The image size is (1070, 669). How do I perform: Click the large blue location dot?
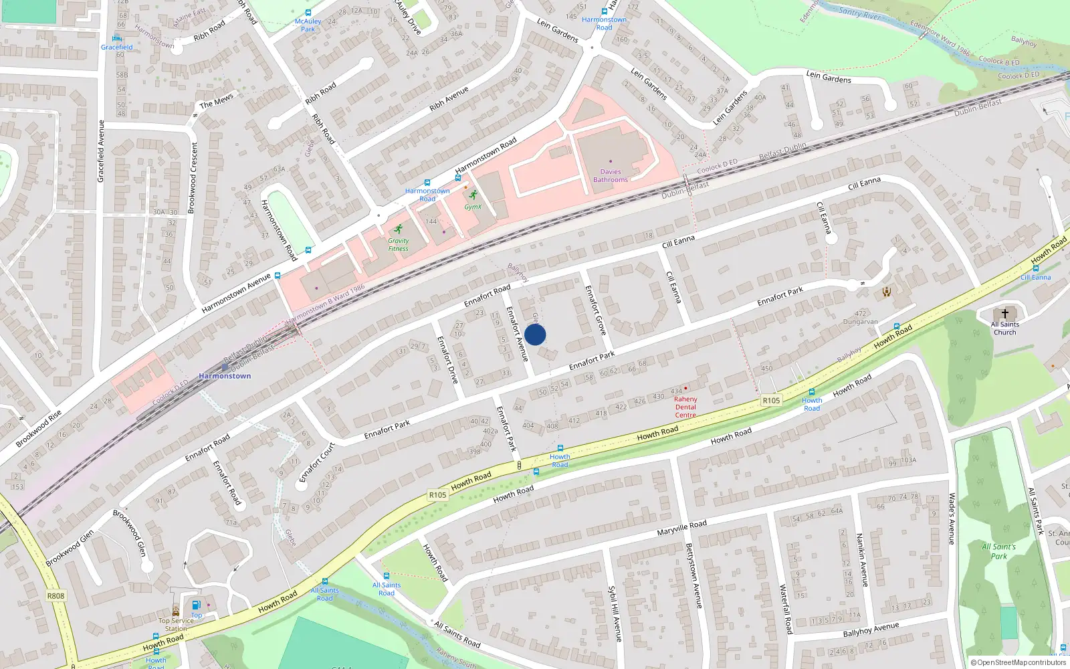(535, 334)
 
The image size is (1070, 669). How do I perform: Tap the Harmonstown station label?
(225, 376)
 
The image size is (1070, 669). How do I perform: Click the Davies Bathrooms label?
(610, 175)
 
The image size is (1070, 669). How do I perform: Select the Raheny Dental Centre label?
(685, 407)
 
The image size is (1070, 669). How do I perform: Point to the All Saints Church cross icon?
(1004, 314)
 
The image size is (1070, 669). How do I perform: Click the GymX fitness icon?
(474, 195)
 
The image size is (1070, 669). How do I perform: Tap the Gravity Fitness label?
(398, 245)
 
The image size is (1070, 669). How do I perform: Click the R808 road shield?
(56, 595)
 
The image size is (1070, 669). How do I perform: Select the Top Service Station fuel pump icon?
(196, 605)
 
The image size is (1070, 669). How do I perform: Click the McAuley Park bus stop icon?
(308, 13)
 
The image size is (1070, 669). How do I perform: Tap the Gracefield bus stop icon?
(117, 38)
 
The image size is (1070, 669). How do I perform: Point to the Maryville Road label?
(681, 529)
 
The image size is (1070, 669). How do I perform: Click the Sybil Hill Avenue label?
(615, 613)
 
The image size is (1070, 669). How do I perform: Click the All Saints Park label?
(998, 551)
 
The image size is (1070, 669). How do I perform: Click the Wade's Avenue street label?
(951, 519)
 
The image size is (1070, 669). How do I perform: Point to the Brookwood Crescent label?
(193, 178)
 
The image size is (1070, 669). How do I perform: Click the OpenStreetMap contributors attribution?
(1018, 662)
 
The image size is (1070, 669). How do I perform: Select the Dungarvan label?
(860, 322)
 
